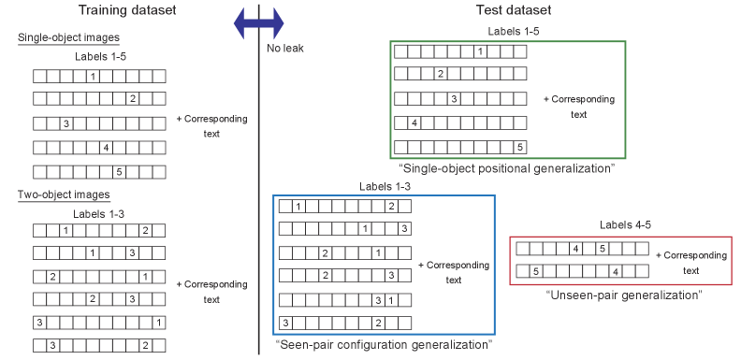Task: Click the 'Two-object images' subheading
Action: click(x=64, y=194)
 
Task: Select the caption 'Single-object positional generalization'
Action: click(x=506, y=169)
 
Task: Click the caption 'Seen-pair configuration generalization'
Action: click(x=384, y=345)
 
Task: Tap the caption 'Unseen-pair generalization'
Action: click(x=623, y=295)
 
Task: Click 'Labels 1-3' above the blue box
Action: click(x=385, y=187)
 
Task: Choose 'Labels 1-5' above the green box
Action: click(x=513, y=32)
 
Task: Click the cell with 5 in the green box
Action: click(x=519, y=147)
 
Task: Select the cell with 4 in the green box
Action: click(x=414, y=122)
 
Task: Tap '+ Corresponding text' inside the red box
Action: click(x=690, y=263)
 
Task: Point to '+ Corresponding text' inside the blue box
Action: click(x=453, y=272)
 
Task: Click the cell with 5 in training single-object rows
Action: click(x=119, y=172)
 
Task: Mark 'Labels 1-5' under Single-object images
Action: click(x=100, y=57)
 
